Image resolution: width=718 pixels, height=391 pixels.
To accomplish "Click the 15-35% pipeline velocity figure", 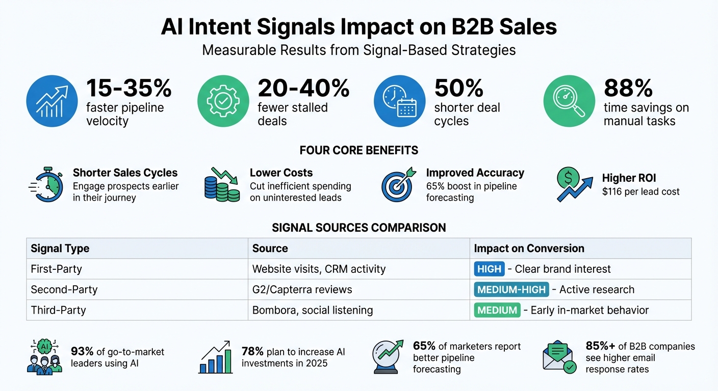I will click(x=129, y=88).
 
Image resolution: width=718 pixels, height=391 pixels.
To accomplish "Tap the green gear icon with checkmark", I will click(x=223, y=101).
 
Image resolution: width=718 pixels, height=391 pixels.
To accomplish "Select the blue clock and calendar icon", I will click(x=399, y=101).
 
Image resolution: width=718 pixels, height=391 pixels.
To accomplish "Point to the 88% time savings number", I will click(x=628, y=88).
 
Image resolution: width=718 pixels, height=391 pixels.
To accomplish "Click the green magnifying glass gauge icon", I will click(x=569, y=101).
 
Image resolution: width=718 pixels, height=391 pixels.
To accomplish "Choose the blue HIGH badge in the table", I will click(x=489, y=269).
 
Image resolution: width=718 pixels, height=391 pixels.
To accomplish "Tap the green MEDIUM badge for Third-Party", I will click(x=497, y=310).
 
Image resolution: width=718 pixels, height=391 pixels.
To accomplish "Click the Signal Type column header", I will click(x=60, y=248).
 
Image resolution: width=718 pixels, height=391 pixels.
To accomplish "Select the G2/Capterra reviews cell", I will click(x=302, y=290).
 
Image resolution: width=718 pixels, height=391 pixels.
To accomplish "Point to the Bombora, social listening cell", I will click(x=312, y=310).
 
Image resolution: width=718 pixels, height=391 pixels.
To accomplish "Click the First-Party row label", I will click(x=57, y=269).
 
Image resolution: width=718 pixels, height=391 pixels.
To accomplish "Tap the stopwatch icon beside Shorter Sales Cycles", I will click(x=47, y=185).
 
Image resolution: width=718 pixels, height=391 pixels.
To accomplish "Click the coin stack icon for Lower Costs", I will click(x=222, y=185).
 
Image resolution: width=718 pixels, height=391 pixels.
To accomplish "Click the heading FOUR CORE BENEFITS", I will click(x=359, y=150).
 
